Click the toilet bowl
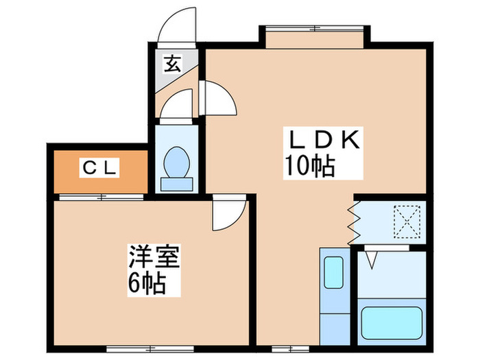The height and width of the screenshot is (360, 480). coord(178,160)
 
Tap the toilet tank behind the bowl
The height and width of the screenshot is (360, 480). coord(178,184)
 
